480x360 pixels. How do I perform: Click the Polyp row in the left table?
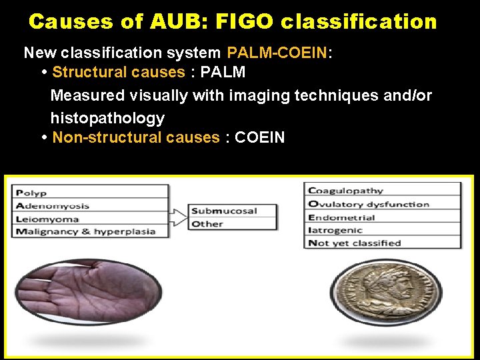91,193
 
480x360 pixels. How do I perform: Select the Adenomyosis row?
91,206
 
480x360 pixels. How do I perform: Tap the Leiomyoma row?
91,219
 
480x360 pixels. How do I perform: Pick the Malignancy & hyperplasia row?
91,231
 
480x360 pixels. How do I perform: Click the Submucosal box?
233,211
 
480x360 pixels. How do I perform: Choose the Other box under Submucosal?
233,224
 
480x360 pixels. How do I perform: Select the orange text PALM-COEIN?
277,53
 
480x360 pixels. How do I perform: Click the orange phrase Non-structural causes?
135,138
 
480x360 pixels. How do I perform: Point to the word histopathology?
107,119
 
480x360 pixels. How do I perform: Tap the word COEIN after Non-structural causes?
260,138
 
